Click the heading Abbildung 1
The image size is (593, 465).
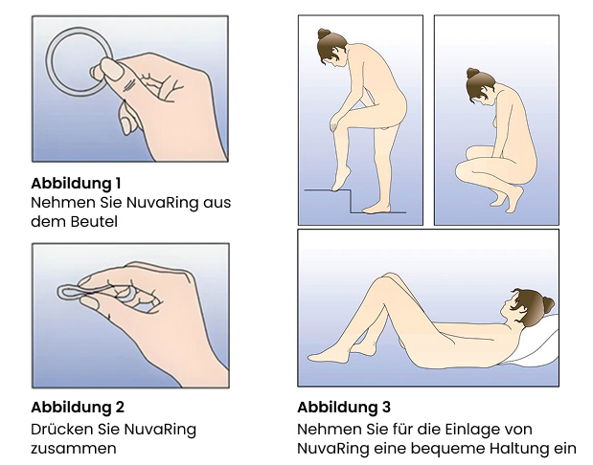(77, 183)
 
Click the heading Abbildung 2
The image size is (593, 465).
(78, 407)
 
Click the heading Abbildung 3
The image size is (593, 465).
(344, 407)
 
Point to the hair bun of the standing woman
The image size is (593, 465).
(324, 35)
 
